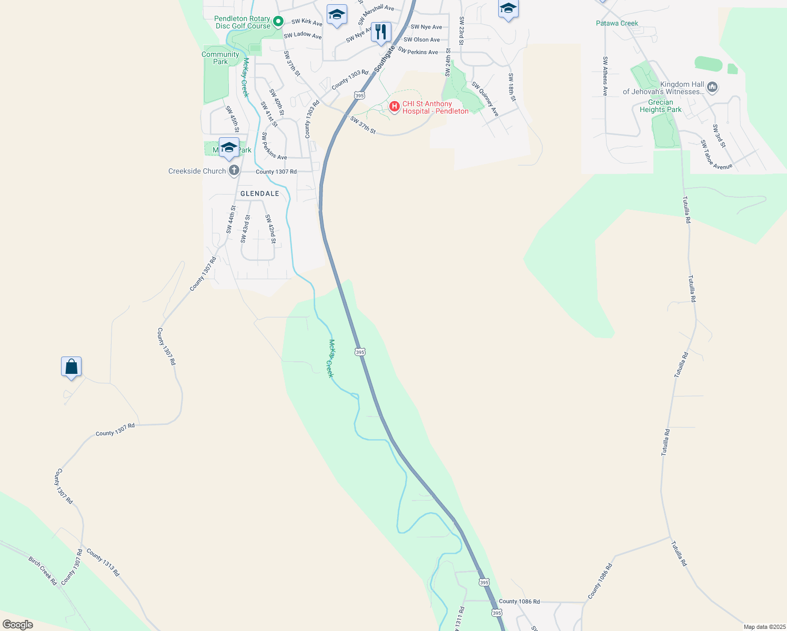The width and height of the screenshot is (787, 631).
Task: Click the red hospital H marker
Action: coord(394,107)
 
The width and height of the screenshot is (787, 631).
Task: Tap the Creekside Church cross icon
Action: coord(234,171)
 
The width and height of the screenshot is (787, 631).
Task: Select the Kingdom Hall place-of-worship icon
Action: coord(712,87)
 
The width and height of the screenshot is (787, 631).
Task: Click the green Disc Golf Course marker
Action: coord(279,22)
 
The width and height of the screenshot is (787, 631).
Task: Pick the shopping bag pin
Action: coord(71,367)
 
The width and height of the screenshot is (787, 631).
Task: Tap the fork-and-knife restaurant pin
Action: coord(380,32)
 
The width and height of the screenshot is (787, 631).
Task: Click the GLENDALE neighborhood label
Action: coord(260,194)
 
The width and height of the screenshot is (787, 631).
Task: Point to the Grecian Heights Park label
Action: coord(660,106)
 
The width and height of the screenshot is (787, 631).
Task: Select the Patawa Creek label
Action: coord(617,23)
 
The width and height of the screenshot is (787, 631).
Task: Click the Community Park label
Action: coord(220,58)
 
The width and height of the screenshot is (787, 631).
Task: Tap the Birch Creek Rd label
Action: coord(43,571)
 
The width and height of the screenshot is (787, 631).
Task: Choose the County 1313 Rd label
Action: coord(103,562)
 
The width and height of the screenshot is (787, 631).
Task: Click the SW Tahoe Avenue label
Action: coord(716,155)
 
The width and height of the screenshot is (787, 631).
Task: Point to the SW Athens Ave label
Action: coord(605,76)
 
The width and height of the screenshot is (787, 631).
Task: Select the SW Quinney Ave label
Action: coord(485,99)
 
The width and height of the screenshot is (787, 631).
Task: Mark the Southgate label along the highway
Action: coord(385,59)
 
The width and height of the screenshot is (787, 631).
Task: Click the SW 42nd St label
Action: coord(270,229)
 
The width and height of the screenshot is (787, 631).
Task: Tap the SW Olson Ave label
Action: coord(421,39)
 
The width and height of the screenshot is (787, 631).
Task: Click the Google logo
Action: coord(18,625)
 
